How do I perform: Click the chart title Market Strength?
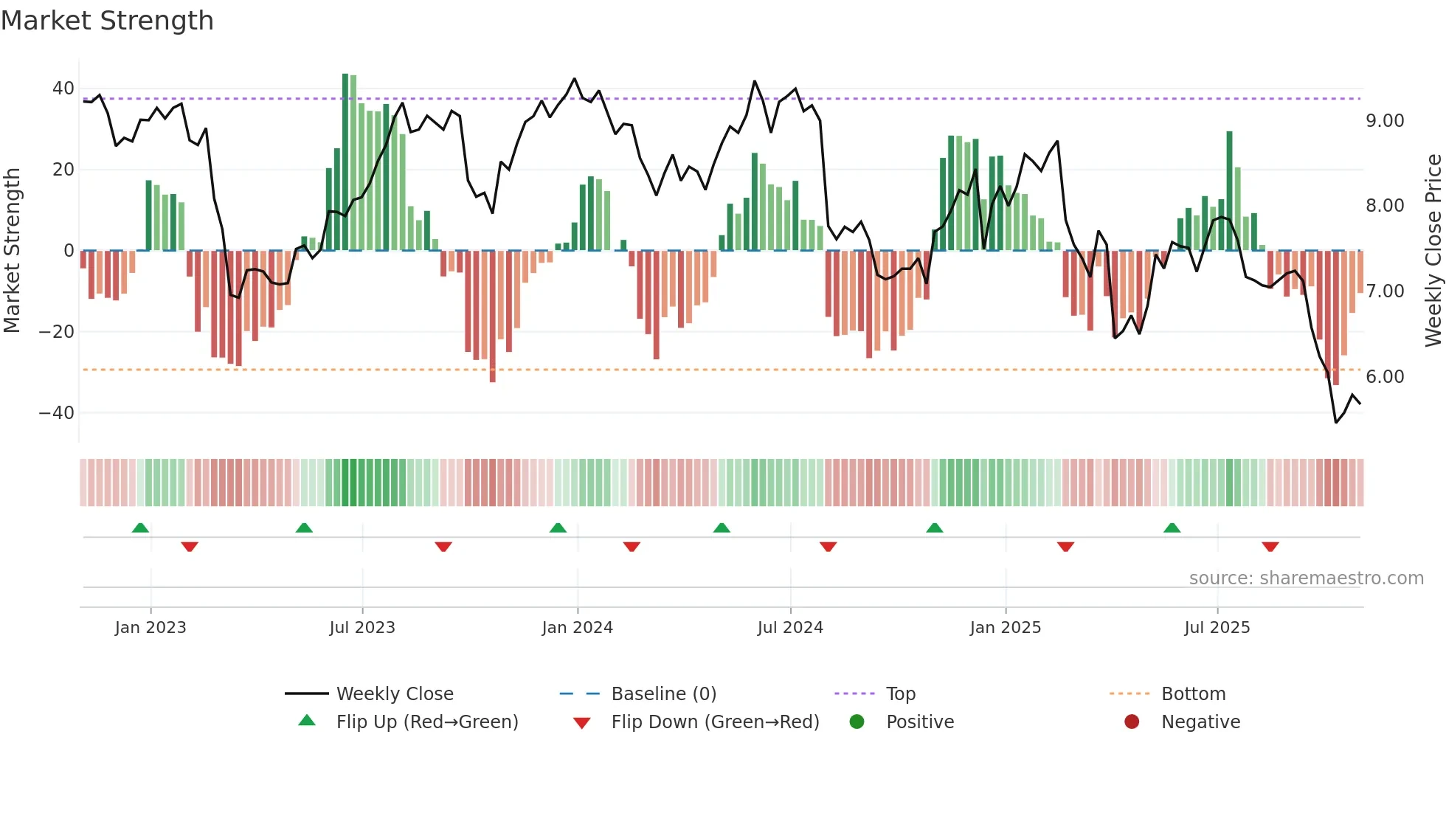tap(107, 21)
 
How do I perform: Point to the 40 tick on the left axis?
tap(63, 89)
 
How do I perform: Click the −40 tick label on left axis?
tap(57, 413)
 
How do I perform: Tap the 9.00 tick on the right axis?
tap(1385, 121)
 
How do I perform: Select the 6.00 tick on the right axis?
tap(1385, 377)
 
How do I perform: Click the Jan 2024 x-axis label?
tap(577, 628)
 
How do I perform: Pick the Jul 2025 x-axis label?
tap(1217, 628)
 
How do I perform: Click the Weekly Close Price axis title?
tap(1433, 250)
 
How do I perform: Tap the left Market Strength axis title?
tap(12, 250)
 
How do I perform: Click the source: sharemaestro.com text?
tap(1306, 578)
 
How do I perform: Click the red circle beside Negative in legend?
tap(1132, 722)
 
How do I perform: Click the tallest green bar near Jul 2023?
tap(345, 162)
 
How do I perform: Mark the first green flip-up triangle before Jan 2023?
tap(140, 527)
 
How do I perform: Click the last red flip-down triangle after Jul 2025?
tap(1270, 547)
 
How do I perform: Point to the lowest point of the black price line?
tap(1335, 422)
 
